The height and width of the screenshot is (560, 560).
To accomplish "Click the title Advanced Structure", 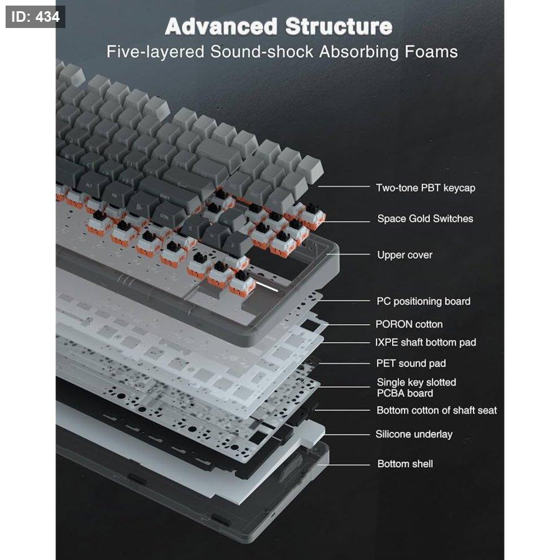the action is pyautogui.click(x=279, y=26).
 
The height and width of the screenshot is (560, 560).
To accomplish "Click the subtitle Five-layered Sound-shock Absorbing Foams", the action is pyautogui.click(x=282, y=52).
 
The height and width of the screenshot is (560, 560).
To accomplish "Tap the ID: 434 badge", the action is pyautogui.click(x=35, y=17).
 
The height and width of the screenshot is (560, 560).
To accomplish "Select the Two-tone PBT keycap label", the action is pyautogui.click(x=426, y=188).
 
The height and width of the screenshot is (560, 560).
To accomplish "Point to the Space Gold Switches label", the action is pyautogui.click(x=426, y=218).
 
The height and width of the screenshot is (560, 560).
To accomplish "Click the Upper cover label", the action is pyautogui.click(x=405, y=255).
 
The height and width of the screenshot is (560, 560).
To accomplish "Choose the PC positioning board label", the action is pyautogui.click(x=424, y=301).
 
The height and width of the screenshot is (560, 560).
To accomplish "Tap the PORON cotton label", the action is pyautogui.click(x=409, y=324).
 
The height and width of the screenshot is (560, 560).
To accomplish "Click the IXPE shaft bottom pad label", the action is pyautogui.click(x=426, y=342).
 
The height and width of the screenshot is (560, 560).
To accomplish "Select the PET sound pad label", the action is pyautogui.click(x=411, y=363).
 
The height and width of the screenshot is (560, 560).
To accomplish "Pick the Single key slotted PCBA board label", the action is pyautogui.click(x=416, y=388).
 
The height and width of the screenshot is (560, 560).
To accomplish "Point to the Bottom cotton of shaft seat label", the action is pyautogui.click(x=437, y=411).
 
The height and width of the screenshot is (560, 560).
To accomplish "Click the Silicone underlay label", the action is pyautogui.click(x=414, y=434).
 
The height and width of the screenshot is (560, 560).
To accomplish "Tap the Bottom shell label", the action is pyautogui.click(x=405, y=464).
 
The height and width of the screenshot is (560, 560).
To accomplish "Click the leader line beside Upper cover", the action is pyautogui.click(x=348, y=254).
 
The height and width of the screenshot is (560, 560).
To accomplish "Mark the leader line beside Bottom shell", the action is pyautogui.click(x=344, y=465).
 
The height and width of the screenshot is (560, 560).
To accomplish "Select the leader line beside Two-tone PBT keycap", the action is pyautogui.click(x=343, y=186).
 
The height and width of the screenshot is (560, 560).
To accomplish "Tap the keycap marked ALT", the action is pyautogui.click(x=90, y=187).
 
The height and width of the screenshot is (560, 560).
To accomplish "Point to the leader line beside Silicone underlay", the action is pyautogui.click(x=347, y=435).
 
